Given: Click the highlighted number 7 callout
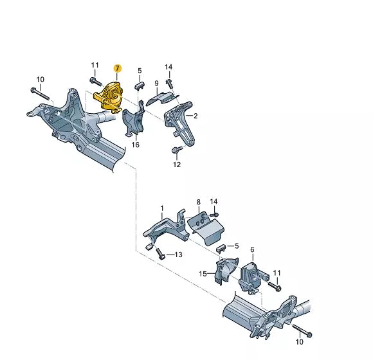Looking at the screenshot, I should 117,68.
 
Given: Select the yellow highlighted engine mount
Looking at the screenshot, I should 109,97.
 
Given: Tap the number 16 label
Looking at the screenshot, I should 136,145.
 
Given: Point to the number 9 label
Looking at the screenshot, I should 156,83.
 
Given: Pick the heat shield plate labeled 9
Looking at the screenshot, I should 158,98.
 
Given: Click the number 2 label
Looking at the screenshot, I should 196,116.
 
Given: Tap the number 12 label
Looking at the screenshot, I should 177,164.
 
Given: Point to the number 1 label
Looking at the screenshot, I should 162,208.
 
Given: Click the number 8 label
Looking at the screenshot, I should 198,202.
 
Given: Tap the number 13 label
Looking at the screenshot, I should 178,255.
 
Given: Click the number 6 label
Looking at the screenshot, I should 252,249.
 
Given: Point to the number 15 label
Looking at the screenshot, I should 203,274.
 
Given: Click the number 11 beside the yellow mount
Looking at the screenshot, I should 95,65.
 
